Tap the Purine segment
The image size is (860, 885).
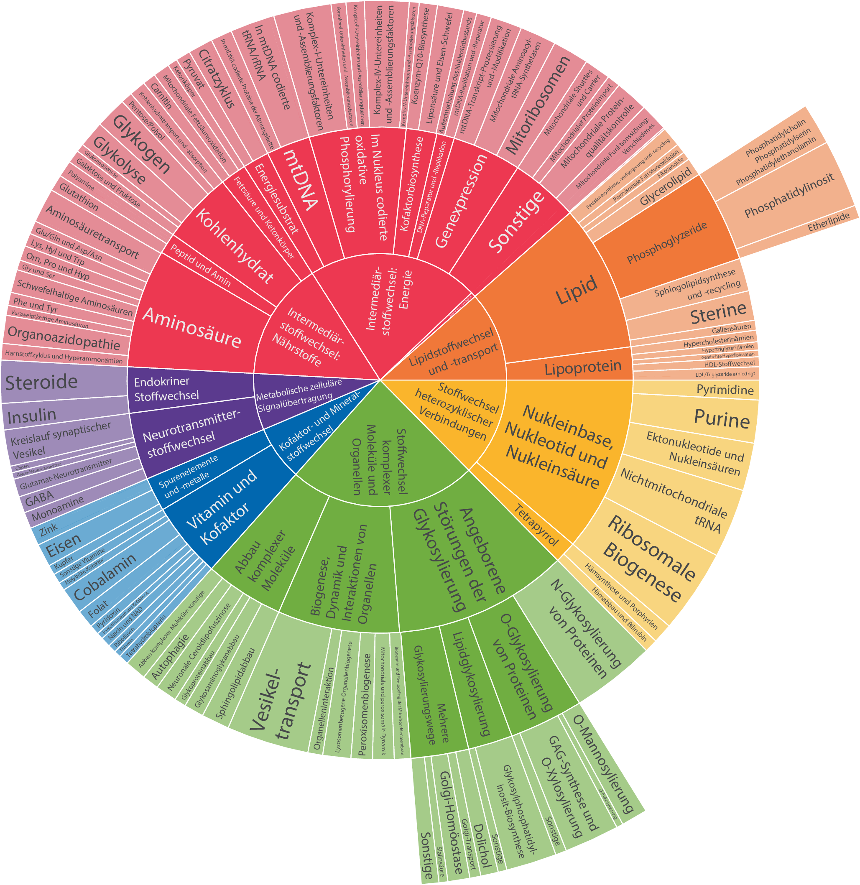tap(721, 418)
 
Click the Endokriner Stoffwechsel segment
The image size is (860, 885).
tap(166, 389)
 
